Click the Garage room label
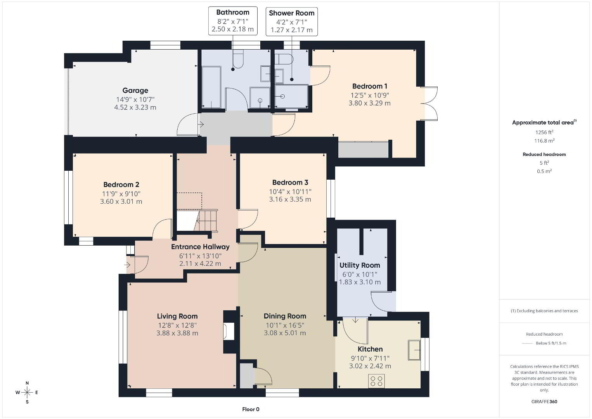coord(135,90)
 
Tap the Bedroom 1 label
coord(369,86)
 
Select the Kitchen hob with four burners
coord(376,381)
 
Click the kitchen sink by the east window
coord(414,350)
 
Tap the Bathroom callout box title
coord(233,12)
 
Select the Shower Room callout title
coord(291,13)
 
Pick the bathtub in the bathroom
coord(211,87)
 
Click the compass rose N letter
coord(27,383)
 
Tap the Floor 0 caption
coord(251,409)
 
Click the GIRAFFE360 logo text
coord(544,402)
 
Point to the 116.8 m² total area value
coord(544,140)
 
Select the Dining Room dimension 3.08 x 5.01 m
coord(285,333)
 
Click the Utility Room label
coord(360,265)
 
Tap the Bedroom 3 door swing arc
coord(254,222)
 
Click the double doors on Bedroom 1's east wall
coord(429,104)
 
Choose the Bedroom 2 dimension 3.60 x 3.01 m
coord(121,201)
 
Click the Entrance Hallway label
coord(200,247)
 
